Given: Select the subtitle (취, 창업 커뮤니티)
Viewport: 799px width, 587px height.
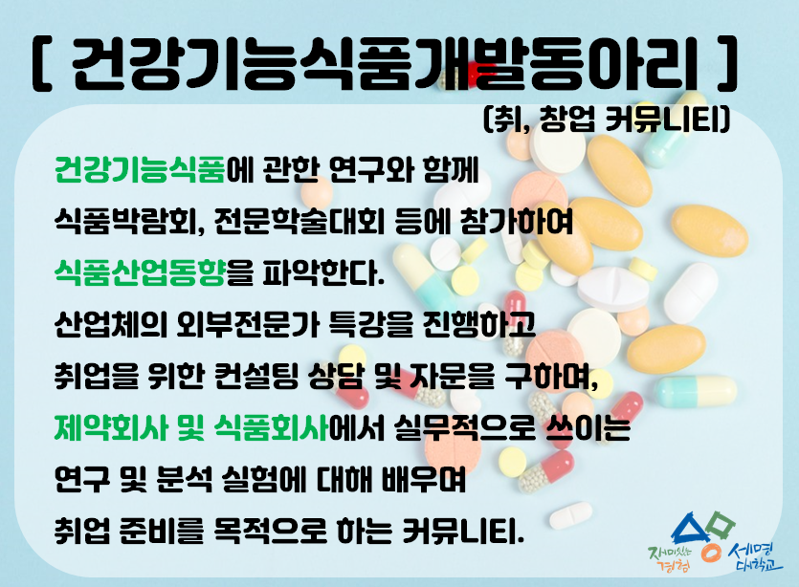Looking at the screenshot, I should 609,120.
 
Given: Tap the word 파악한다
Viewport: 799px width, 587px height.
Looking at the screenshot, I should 320,276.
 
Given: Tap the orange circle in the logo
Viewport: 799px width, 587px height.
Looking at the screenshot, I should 710,553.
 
